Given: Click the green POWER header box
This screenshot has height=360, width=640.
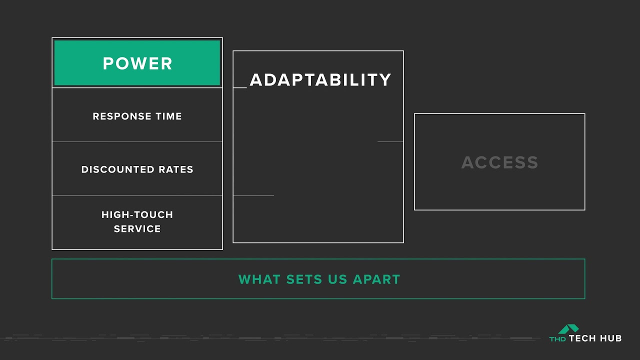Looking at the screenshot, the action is pos(137,63).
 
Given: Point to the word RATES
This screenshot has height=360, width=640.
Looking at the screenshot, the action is pos(176,169).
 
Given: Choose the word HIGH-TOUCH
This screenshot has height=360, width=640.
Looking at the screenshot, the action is pos(137,215).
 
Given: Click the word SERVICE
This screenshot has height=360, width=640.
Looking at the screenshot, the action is pos(137,229).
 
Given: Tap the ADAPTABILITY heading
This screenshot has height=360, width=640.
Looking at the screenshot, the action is pos(320,80).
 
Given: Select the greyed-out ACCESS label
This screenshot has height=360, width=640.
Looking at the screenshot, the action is pos(499,162).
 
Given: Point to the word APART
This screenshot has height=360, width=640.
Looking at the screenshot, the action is pos(376,279).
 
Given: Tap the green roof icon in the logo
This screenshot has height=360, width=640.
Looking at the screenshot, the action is pos(568,328).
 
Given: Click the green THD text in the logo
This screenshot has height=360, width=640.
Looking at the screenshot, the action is pos(558,339).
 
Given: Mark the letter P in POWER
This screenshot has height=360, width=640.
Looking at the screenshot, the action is pos(107,63).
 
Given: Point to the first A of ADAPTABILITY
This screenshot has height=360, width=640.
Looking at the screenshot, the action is pos(256,80).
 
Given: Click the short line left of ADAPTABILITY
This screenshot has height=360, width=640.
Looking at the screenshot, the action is pos(240,87).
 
